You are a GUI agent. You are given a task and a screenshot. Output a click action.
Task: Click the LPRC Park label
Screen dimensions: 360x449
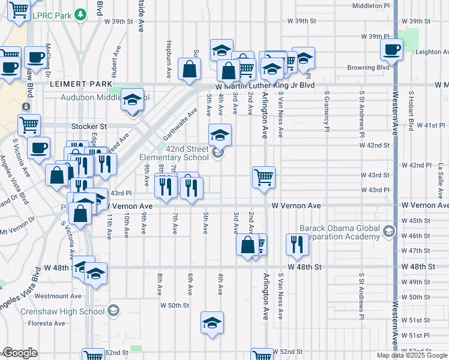tap(51, 15)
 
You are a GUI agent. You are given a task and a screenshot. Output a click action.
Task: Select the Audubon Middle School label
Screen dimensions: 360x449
tap(90, 96)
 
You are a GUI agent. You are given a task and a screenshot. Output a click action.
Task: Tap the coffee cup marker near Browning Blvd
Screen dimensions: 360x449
tap(391, 50)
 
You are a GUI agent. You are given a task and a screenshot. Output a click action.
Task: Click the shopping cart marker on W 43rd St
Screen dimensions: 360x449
tap(264, 178)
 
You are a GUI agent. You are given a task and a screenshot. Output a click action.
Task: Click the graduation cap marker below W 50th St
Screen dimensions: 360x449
tap(212, 323)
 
